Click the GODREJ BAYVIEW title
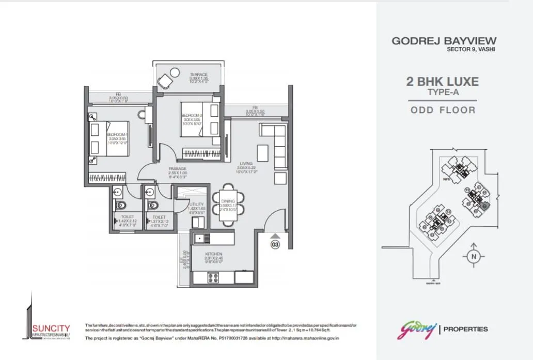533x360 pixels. (444, 41)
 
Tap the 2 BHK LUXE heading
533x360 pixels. (443, 82)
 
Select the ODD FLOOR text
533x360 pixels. (443, 109)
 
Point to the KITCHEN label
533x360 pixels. (213, 254)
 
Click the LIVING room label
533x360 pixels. (245, 163)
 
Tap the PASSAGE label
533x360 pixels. (177, 169)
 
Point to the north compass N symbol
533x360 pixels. (473, 256)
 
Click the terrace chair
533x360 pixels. (166, 81)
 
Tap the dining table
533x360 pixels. (228, 205)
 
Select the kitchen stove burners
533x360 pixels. (212, 277)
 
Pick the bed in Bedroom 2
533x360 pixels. (199, 119)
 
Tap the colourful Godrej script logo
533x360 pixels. (416, 329)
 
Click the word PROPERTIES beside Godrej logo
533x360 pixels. (466, 329)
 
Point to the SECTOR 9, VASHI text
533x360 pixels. (471, 50)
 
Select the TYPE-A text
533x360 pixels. (443, 92)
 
